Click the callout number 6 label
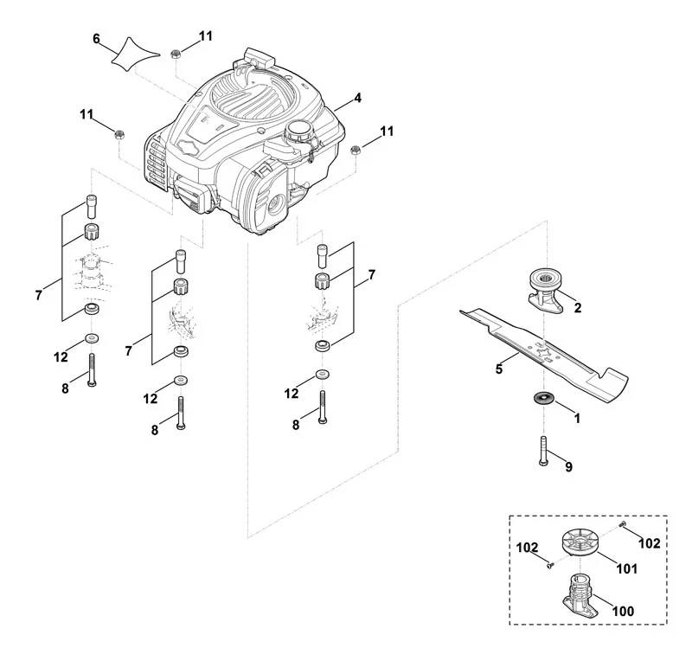click(96, 39)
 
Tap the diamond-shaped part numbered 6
click(133, 54)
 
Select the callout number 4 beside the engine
click(357, 98)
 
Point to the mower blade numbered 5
click(544, 350)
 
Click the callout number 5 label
click(499, 369)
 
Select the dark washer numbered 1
click(543, 397)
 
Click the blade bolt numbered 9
click(543, 450)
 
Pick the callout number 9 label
click(569, 466)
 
